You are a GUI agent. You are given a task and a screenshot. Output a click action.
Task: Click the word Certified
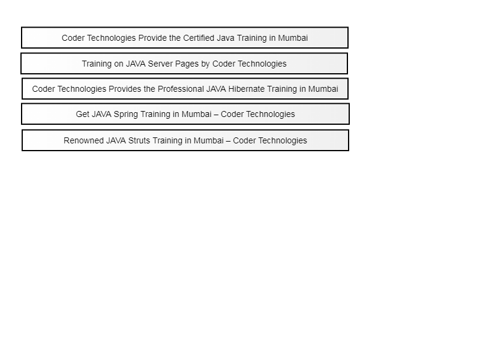[199, 38]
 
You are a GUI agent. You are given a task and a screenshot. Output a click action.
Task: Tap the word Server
[160, 64]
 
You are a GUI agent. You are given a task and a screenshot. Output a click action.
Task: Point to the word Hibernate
[247, 89]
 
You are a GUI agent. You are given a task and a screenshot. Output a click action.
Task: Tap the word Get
[83, 114]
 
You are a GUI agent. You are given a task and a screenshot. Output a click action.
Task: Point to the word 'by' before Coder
[205, 64]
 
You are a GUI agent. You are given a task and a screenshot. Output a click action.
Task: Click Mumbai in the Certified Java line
[293, 38]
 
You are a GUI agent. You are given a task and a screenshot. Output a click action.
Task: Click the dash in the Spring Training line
[216, 114]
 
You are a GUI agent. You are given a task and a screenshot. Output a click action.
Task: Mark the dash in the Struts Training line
[229, 140]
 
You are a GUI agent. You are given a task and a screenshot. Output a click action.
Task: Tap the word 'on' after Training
[119, 64]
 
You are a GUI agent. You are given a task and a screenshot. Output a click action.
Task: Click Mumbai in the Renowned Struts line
[209, 140]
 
